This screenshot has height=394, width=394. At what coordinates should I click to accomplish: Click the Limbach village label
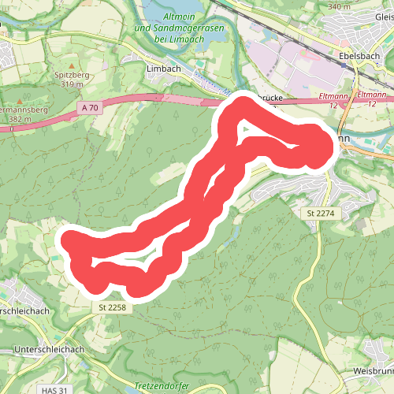point(164,69)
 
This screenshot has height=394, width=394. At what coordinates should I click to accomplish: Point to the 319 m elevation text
point(71,84)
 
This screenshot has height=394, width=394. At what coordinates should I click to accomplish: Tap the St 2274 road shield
point(320,213)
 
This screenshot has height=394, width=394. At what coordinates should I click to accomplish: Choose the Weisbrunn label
point(374,370)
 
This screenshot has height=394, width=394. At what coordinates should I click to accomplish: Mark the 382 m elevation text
point(20,118)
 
